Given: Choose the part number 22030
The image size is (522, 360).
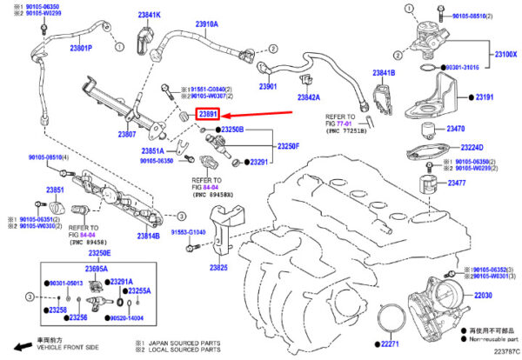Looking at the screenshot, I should click(x=483, y=296).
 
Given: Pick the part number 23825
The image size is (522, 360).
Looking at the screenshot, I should click(x=217, y=269).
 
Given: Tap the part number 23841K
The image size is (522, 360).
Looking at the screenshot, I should click(x=149, y=16).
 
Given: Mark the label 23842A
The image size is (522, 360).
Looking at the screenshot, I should click(x=307, y=97).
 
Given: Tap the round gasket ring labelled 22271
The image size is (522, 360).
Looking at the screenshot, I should click(x=394, y=317).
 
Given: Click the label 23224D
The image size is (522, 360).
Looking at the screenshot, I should click(x=472, y=147).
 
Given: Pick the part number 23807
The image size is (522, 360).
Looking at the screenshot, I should click(x=127, y=135).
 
